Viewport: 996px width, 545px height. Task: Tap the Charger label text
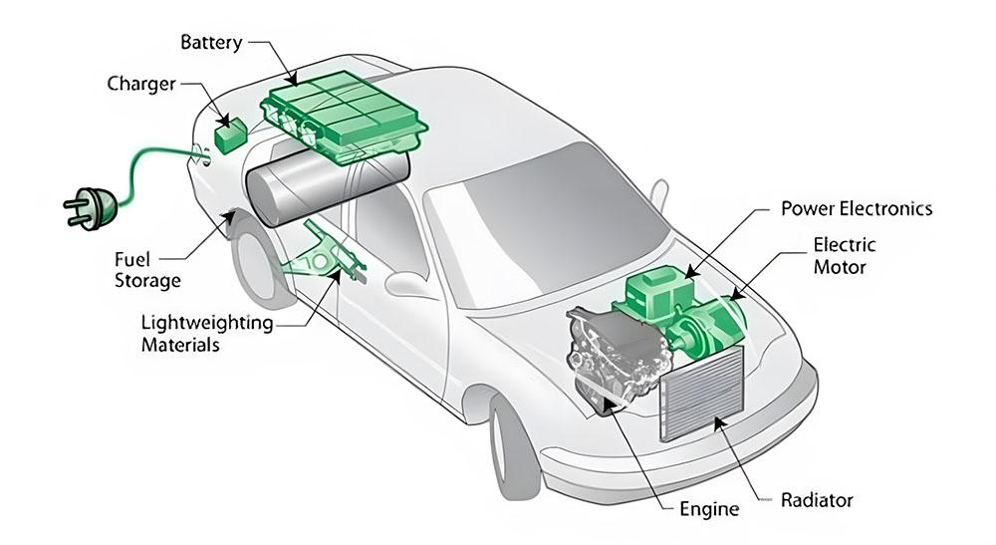[141, 83]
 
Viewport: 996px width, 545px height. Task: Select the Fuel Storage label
[147, 270]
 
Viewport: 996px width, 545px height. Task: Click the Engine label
[709, 509]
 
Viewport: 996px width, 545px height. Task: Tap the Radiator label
[817, 499]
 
